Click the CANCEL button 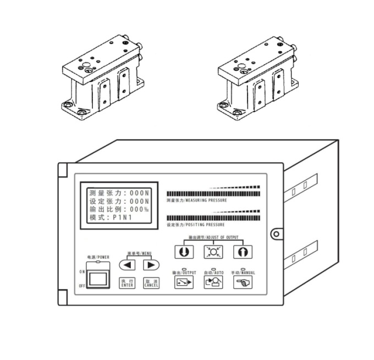coord(151,283)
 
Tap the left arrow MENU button coord(128,264)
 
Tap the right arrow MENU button coord(150,264)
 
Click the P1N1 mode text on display coord(124,218)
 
